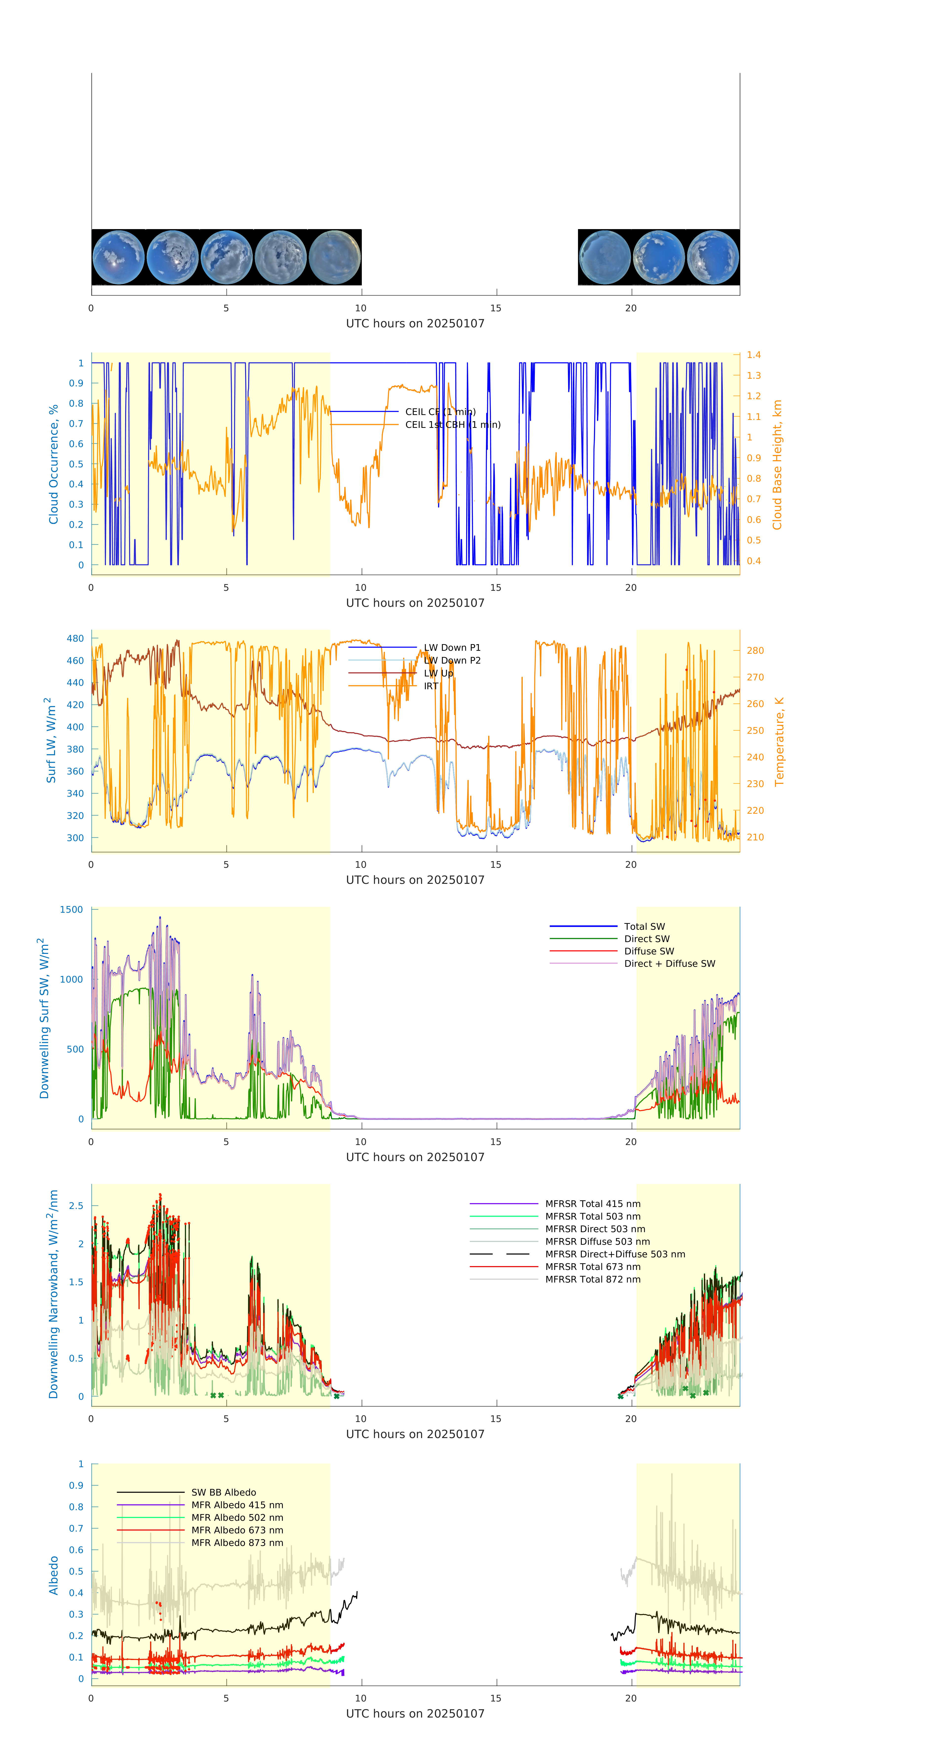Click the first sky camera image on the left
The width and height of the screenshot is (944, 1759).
[x=118, y=257]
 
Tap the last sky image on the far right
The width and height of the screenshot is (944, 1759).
[x=713, y=257]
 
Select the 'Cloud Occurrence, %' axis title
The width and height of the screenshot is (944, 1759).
[x=53, y=464]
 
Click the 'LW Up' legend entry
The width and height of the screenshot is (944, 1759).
[x=438, y=673]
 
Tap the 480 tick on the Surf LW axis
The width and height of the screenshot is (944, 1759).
[x=75, y=638]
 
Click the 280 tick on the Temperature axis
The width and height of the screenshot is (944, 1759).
[x=755, y=651]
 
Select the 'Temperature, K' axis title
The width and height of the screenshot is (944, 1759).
[x=779, y=742]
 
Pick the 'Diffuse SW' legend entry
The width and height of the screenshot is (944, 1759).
[x=648, y=951]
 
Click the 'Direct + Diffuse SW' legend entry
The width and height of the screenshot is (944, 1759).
[x=669, y=964]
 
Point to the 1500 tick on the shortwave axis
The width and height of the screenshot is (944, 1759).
[x=71, y=909]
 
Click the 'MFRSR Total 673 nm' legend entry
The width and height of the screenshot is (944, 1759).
[x=593, y=1267]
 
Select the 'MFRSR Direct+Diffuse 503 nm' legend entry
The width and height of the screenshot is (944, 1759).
[x=614, y=1254]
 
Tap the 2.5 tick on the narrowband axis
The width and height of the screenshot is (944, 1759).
[x=76, y=1206]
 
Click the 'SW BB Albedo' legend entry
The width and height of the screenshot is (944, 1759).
[x=223, y=1493]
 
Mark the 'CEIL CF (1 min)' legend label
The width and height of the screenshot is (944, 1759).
[x=440, y=412]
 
